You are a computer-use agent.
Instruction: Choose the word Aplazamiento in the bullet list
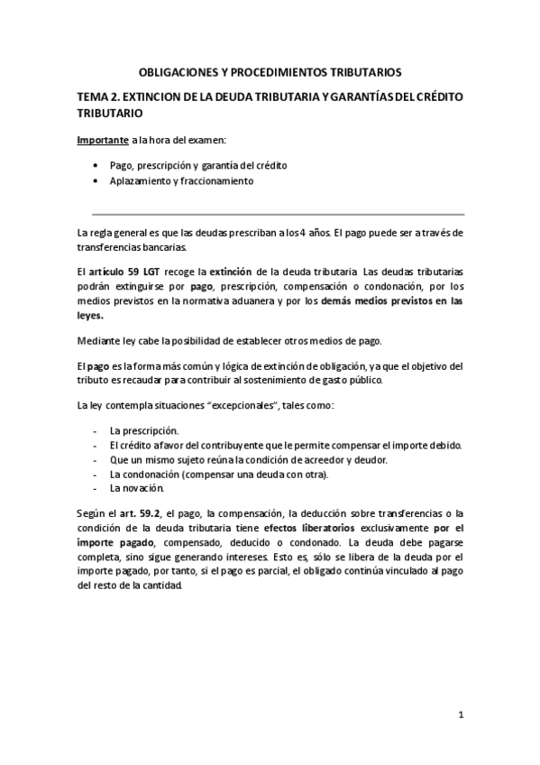[x=140, y=180]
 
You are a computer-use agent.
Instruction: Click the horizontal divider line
[x=270, y=214]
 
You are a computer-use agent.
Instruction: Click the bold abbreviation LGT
[x=145, y=271]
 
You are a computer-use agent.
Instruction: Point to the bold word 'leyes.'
[x=90, y=317]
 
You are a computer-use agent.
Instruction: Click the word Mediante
[x=98, y=340]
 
